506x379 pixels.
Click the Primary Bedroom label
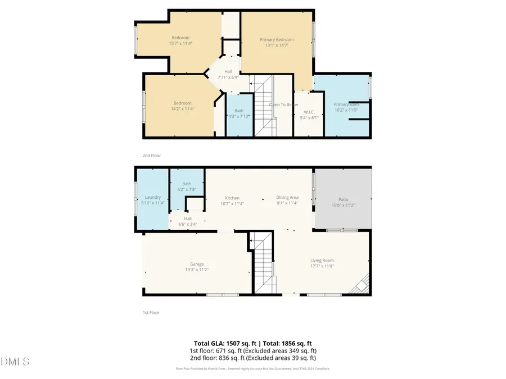[276, 40]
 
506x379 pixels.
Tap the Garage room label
[196, 264]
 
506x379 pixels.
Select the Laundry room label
[152, 197]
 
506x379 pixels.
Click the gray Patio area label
[342, 199]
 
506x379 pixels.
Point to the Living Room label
[322, 260]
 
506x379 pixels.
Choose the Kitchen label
[232, 198]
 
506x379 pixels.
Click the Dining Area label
[287, 198]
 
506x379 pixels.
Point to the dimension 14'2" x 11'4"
[182, 109]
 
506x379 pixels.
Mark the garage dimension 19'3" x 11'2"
[196, 270]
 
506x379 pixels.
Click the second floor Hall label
[228, 72]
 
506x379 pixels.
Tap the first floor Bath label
[187, 184]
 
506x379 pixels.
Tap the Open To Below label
[283, 104]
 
